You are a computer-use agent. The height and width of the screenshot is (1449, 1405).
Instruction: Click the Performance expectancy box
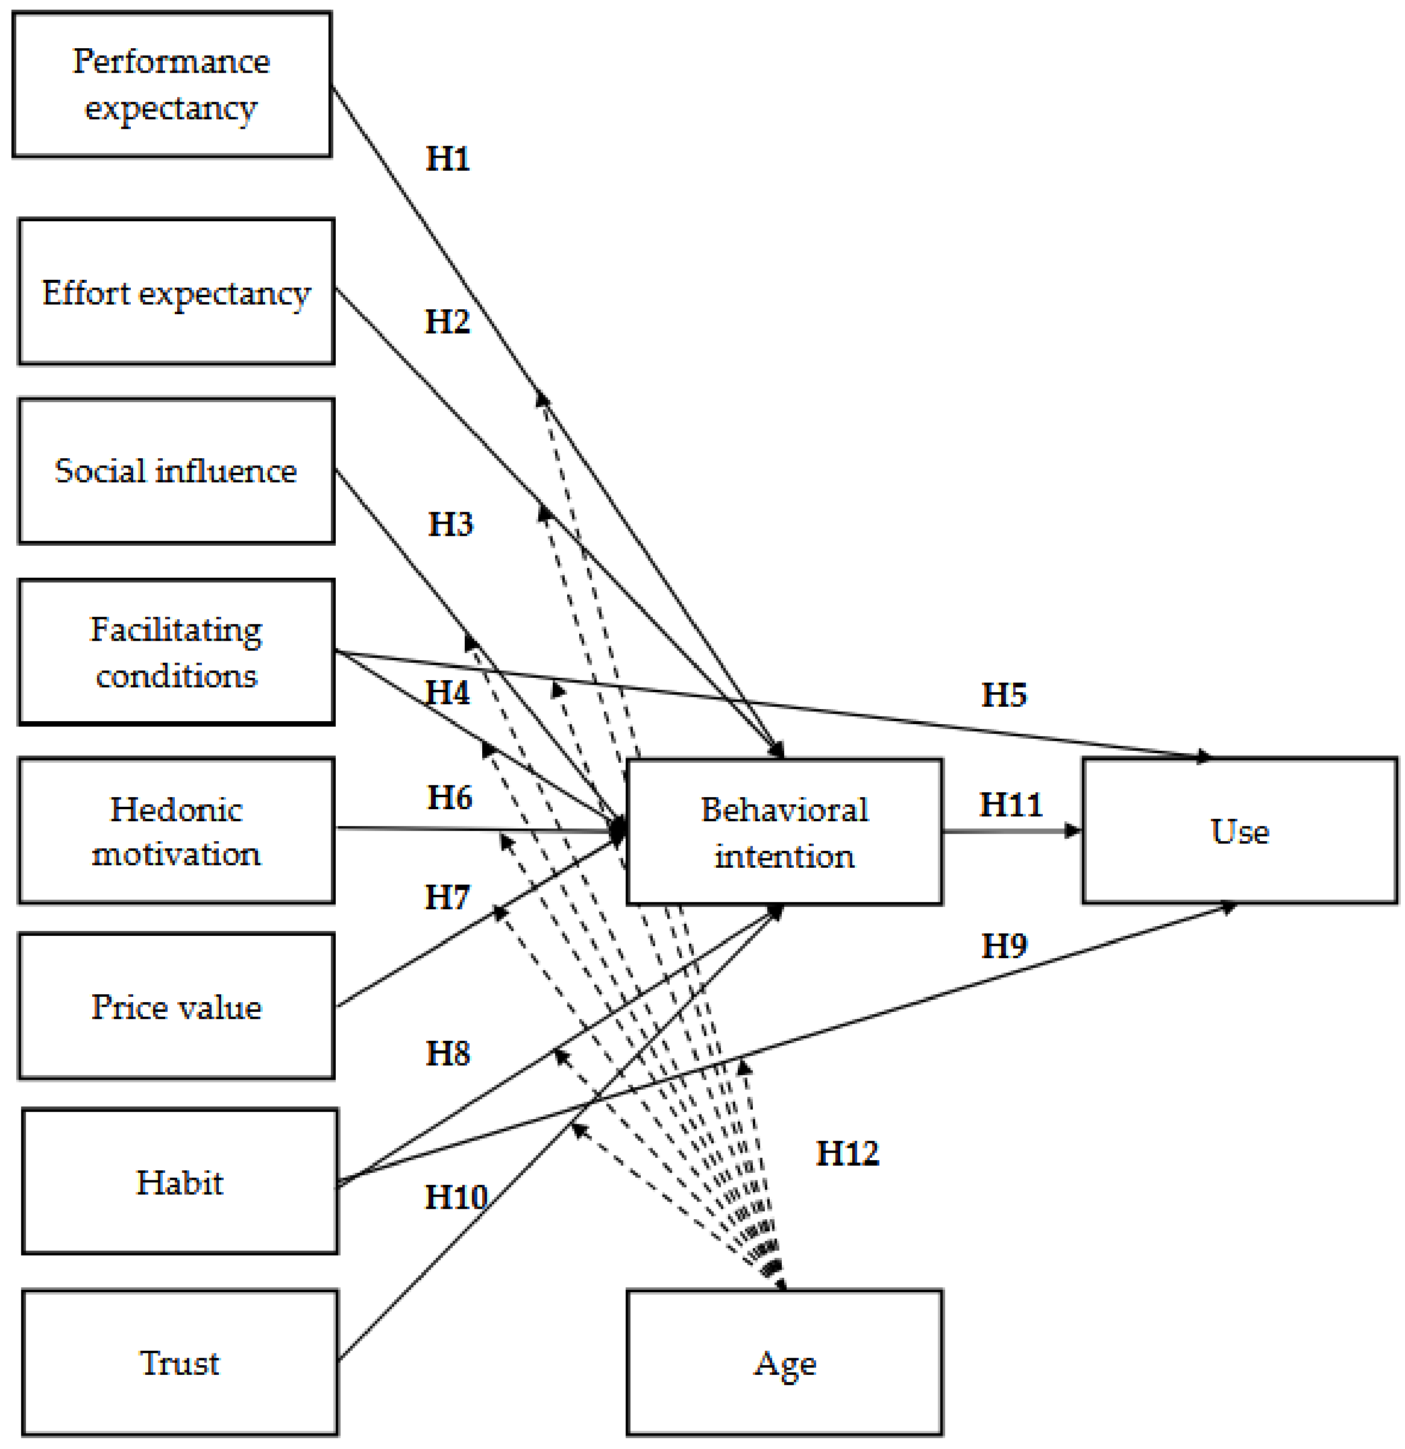tap(171, 84)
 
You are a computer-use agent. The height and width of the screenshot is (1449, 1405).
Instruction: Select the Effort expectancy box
tap(176, 292)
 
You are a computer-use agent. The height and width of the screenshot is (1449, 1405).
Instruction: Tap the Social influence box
tap(176, 471)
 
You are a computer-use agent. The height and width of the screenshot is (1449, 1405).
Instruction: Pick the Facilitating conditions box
tap(176, 652)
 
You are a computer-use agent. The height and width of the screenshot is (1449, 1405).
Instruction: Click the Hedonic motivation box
tap(176, 831)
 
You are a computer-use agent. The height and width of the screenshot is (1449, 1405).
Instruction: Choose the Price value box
tap(176, 1007)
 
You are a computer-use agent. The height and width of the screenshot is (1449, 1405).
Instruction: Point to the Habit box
tap(180, 1182)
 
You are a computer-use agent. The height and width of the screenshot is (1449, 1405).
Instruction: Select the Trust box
tap(180, 1363)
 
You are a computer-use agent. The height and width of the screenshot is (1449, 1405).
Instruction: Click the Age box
tap(784, 1363)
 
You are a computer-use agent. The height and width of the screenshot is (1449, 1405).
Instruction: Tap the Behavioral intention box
tap(784, 832)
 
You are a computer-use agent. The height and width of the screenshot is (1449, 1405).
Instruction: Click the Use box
tap(1239, 831)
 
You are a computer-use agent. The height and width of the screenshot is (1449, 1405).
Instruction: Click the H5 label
tap(1004, 695)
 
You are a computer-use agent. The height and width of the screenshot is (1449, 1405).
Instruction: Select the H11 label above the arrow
tap(1010, 805)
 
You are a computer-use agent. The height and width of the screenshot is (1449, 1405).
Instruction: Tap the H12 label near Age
tap(847, 1154)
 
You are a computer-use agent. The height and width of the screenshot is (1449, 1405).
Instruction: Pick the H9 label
tap(1004, 946)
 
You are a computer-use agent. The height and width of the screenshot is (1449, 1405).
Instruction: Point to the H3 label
tap(450, 524)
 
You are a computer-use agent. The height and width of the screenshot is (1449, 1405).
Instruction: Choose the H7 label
tap(447, 897)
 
